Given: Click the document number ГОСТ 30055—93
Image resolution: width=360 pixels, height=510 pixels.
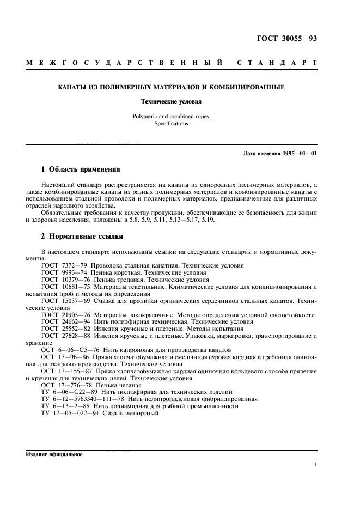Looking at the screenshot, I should click(x=290, y=39).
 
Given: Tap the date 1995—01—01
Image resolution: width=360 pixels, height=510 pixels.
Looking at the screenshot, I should click(x=298, y=154).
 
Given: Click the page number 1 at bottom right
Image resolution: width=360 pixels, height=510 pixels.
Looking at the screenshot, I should click(x=315, y=465).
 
